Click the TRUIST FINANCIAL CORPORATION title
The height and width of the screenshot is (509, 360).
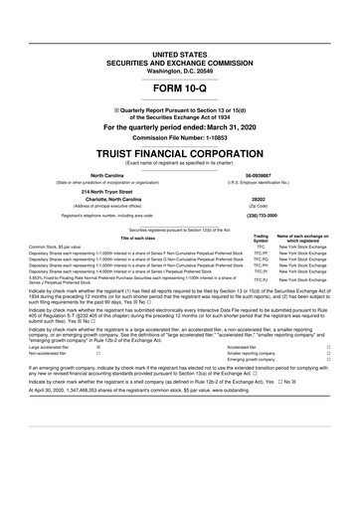pyautogui.click(x=180, y=154)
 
